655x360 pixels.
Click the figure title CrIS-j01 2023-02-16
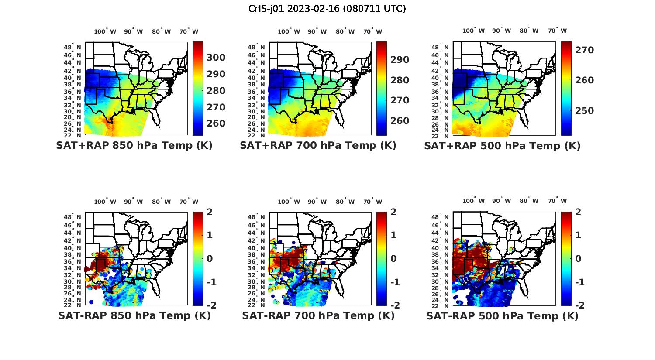[x=327, y=8]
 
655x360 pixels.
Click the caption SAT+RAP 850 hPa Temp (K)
[x=134, y=145]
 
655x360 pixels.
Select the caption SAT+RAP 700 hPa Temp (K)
[x=318, y=145]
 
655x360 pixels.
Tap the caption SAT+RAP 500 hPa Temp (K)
[x=502, y=146]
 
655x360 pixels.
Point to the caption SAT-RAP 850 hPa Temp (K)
[x=134, y=315]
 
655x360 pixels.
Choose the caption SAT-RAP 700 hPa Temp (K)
[x=318, y=315]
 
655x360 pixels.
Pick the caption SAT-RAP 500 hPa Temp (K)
[x=502, y=316]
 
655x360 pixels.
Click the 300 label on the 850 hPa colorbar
[x=216, y=58]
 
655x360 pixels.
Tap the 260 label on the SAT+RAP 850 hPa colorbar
[x=216, y=123]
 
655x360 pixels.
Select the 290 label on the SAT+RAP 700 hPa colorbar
[x=400, y=60]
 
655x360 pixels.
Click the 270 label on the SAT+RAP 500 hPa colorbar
[x=585, y=50]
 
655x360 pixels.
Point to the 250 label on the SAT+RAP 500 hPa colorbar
[x=585, y=111]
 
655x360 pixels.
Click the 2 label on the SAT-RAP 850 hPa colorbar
[x=210, y=212]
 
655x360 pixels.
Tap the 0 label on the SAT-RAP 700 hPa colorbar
[x=393, y=258]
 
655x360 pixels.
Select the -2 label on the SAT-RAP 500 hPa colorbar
[x=577, y=305]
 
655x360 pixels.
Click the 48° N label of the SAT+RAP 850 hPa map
[x=72, y=47]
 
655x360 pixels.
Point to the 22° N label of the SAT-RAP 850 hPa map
[x=72, y=305]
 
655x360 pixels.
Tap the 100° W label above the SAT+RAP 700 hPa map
[x=289, y=31]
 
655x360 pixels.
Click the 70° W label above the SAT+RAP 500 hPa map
[x=557, y=31]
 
